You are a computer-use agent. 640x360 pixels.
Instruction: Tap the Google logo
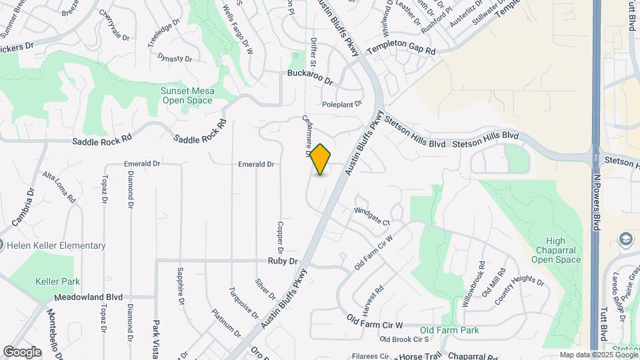pyautogui.click(x=22, y=351)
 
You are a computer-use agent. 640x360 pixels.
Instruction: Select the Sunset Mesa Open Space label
pyautogui.click(x=187, y=95)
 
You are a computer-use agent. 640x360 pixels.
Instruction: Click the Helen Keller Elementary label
pyautogui.click(x=56, y=245)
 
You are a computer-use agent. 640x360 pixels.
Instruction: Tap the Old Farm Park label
pyautogui.click(x=449, y=330)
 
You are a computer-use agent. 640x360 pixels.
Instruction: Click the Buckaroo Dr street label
pyautogui.click(x=309, y=75)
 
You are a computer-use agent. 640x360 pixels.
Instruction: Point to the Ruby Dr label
pyautogui.click(x=282, y=261)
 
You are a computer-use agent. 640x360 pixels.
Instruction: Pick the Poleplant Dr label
pyautogui.click(x=341, y=104)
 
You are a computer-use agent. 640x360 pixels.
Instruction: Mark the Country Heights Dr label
pyautogui.click(x=519, y=291)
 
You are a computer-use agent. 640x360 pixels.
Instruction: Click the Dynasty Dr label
pyautogui.click(x=175, y=58)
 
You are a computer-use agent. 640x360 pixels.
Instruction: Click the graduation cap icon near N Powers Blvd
pyautogui.click(x=626, y=239)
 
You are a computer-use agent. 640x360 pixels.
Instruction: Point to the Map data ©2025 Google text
pyautogui.click(x=597, y=355)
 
